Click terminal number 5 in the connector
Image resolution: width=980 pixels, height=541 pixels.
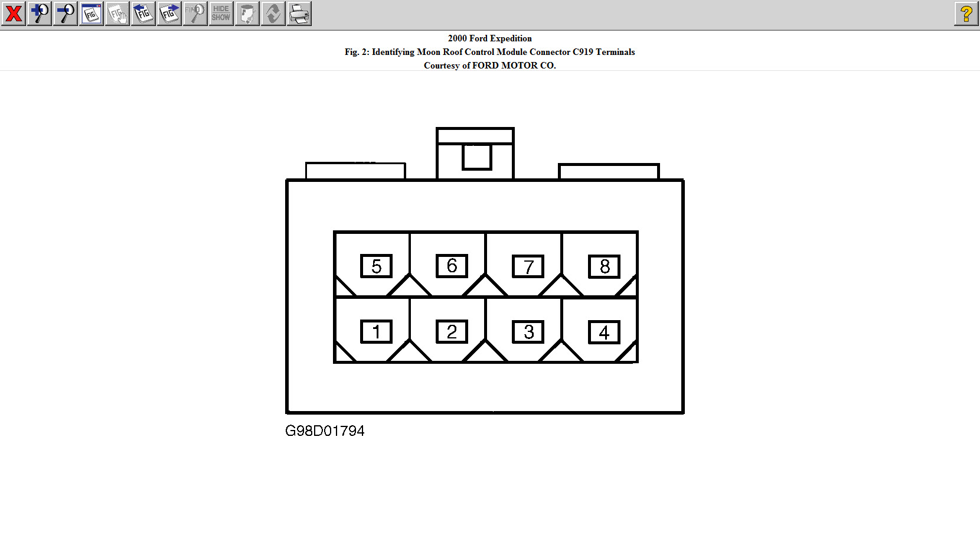pos(376,266)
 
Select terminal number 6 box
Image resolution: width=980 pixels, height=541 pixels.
pos(452,266)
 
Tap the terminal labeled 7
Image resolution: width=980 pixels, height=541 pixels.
pos(528,267)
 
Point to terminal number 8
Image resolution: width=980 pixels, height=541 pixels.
pos(605,267)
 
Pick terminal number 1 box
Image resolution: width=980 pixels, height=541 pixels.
pos(376,332)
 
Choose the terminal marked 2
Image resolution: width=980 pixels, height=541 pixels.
pos(452,332)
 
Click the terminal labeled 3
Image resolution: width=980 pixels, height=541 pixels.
pos(528,332)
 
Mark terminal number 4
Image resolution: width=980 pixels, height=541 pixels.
pos(605,333)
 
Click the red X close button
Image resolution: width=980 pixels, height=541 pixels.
pos(14,14)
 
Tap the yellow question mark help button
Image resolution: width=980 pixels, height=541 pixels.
pos(966,14)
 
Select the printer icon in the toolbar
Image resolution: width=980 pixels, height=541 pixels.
pos(299,14)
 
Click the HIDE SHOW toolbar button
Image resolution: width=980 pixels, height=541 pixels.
pos(221,14)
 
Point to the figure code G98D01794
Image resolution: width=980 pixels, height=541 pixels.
pos(325,431)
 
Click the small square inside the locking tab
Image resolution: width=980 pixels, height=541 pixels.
pos(477,157)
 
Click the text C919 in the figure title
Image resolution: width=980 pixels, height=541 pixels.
pos(583,52)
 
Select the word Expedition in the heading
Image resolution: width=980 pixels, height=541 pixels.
pos(511,38)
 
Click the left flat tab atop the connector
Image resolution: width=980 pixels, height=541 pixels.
pos(355,171)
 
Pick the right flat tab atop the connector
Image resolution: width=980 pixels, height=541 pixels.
pos(609,172)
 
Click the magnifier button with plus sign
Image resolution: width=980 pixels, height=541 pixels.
pos(40,14)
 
